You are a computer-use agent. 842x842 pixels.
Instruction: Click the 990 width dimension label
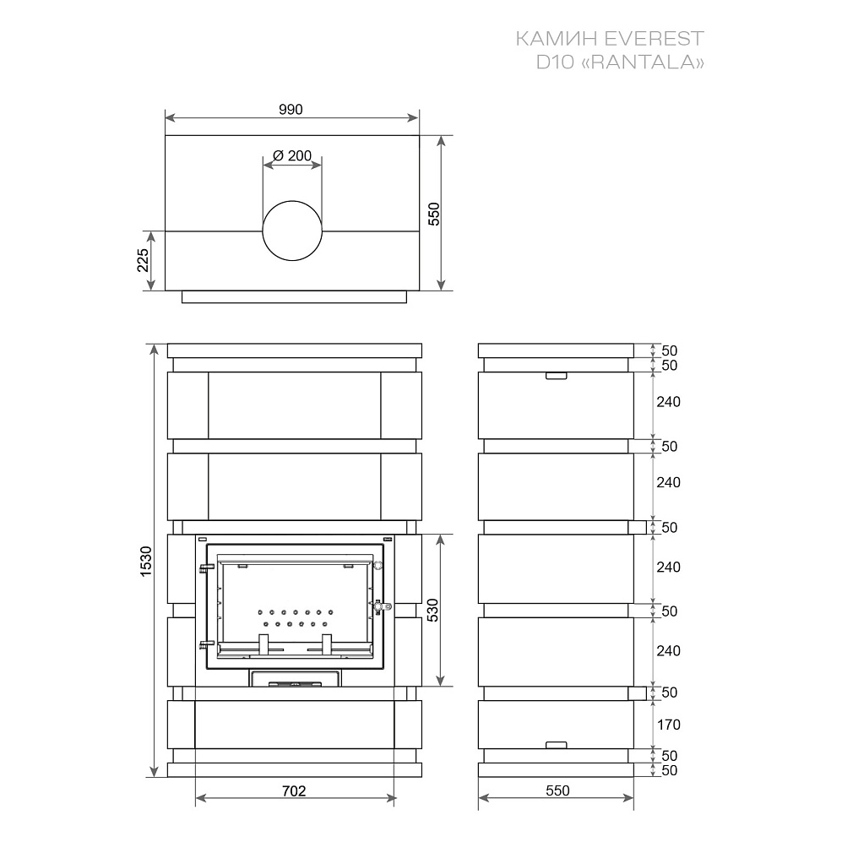tap(291, 110)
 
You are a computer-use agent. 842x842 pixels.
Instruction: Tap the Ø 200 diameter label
tap(292, 155)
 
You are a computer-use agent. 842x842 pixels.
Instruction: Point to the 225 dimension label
tap(143, 260)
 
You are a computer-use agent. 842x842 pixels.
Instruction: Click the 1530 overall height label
tap(146, 562)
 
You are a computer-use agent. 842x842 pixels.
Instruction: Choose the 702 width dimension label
tap(294, 791)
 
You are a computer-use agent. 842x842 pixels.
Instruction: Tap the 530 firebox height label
tap(432, 610)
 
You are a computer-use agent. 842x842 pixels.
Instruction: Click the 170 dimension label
tap(669, 725)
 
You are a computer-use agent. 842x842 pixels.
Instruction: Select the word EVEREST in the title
tap(654, 39)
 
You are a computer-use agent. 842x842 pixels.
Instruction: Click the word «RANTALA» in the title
tap(643, 62)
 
